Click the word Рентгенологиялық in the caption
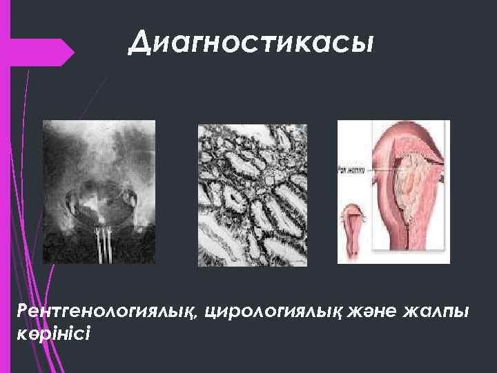(107, 313)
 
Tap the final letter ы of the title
(364, 45)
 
